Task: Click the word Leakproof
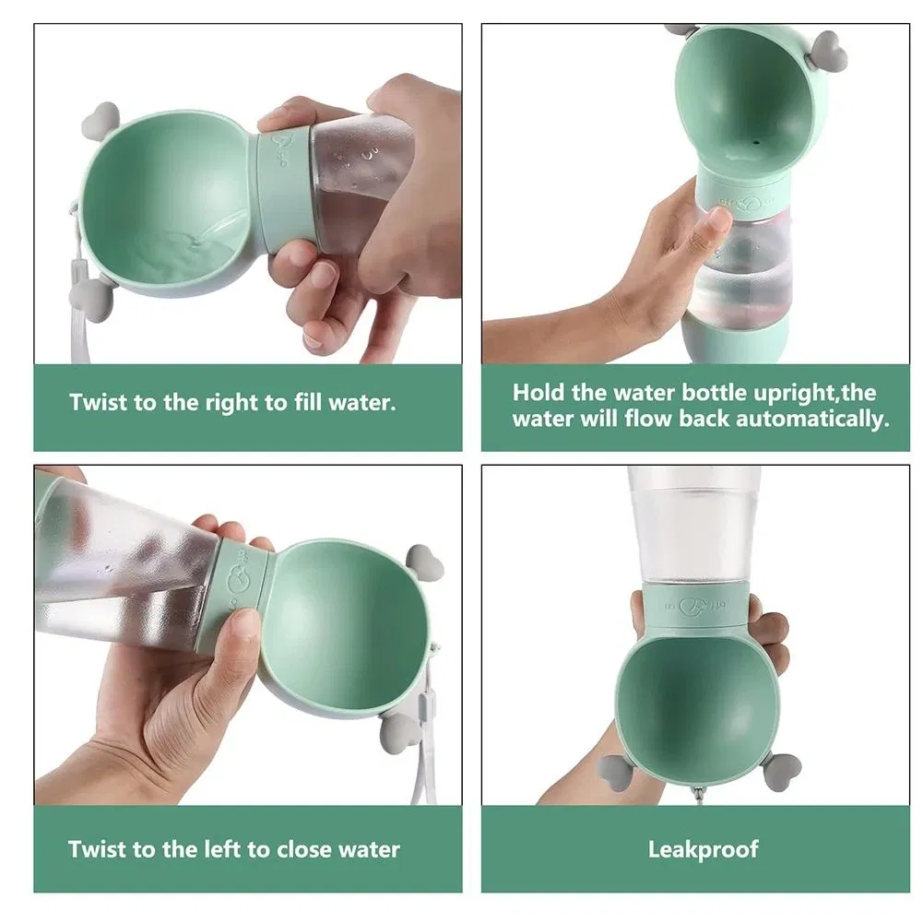point(703,849)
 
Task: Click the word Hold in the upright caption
point(538,392)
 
